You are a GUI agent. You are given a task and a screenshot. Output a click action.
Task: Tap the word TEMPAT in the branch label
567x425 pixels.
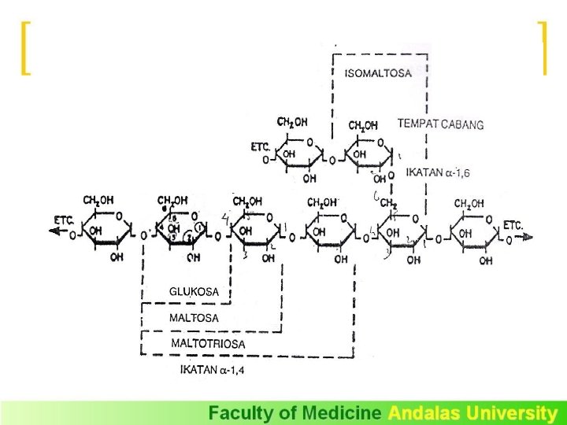[417, 124]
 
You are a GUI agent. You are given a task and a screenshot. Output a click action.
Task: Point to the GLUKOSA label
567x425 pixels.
[194, 291]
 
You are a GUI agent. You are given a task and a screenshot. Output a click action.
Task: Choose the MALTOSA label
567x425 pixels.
[195, 318]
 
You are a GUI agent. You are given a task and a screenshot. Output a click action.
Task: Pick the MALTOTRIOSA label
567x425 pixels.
[208, 344]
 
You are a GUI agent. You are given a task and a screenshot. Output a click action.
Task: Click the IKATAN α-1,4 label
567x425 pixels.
[212, 370]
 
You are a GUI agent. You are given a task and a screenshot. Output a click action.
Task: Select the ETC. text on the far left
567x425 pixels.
[65, 218]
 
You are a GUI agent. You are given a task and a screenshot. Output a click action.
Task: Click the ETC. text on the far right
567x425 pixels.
[513, 224]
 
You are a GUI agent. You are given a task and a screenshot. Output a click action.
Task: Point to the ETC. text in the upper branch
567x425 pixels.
[261, 146]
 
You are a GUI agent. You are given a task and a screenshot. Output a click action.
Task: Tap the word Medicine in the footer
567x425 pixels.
[343, 413]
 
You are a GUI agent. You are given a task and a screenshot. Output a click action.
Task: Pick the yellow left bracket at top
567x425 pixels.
[25, 48]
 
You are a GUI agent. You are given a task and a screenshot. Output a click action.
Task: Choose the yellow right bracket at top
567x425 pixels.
[542, 48]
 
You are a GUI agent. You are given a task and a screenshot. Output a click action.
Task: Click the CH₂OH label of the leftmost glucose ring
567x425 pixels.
[101, 201]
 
